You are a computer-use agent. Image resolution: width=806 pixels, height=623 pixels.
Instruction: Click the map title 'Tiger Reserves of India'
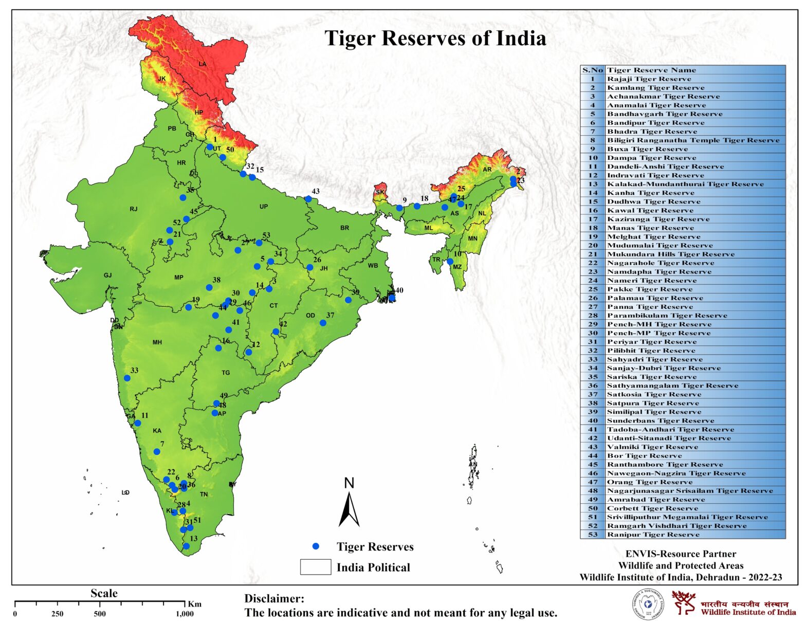pos(435,39)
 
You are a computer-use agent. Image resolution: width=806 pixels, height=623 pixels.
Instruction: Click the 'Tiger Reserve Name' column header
pos(651,70)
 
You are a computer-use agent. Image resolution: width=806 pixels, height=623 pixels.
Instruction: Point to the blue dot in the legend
pos(316,546)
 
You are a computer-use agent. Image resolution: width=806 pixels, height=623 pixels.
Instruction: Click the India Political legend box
pos(316,567)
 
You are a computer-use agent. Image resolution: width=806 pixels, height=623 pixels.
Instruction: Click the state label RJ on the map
pos(134,209)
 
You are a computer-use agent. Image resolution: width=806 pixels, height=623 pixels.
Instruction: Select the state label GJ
pos(107,276)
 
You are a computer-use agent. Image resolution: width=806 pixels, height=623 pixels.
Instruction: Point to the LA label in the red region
pos(203,64)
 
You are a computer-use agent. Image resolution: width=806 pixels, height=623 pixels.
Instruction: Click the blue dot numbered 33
pos(127,378)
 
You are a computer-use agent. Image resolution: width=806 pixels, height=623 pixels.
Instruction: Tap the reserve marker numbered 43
pos(308,199)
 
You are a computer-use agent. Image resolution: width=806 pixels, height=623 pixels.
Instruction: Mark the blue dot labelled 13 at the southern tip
pos(186,546)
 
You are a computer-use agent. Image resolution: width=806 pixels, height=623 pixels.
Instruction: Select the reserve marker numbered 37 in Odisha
pos(323,323)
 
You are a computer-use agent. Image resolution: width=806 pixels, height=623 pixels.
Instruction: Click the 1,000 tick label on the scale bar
pos(185,614)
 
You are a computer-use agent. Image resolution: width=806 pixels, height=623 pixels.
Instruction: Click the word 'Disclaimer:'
pos(274,599)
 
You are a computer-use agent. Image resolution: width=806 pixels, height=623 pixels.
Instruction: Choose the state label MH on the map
pos(157,342)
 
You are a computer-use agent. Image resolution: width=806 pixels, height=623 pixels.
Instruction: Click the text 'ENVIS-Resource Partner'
pos(681,554)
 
